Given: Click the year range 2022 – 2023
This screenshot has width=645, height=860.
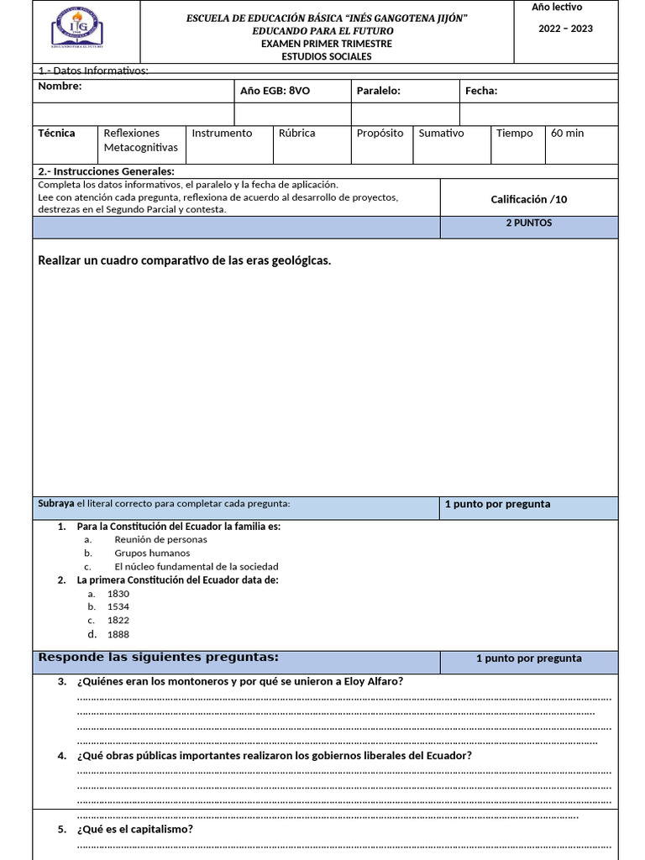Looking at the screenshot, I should coord(565,29).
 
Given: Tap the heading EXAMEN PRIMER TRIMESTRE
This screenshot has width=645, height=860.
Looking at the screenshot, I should coord(326,44).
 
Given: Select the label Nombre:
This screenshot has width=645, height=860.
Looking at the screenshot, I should coord(60,87).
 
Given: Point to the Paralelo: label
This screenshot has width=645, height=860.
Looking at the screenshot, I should coord(378,91).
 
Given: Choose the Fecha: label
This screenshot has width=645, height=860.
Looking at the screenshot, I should coord(481,91).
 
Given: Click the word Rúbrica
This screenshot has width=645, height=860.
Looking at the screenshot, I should coord(296,133).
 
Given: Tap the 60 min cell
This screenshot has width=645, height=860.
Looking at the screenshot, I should coord(568,133).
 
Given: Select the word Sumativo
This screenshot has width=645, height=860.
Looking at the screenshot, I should coord(441,133).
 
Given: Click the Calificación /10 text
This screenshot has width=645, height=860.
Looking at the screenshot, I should coord(529,199).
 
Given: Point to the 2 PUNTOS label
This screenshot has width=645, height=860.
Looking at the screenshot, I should coord(528,223).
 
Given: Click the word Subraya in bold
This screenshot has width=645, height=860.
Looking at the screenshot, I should coord(56,503).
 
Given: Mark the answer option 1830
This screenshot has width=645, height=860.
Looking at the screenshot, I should coord(118,594).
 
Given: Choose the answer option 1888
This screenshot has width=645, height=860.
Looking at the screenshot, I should coord(118,634).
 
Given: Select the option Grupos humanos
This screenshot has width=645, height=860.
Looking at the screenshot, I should coord(152,553).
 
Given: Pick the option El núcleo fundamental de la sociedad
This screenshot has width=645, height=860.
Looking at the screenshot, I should coord(196,566).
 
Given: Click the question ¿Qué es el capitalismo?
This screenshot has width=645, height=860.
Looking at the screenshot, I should coord(134,829).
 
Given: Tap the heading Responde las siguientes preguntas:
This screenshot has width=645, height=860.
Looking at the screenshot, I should coord(159,657).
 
